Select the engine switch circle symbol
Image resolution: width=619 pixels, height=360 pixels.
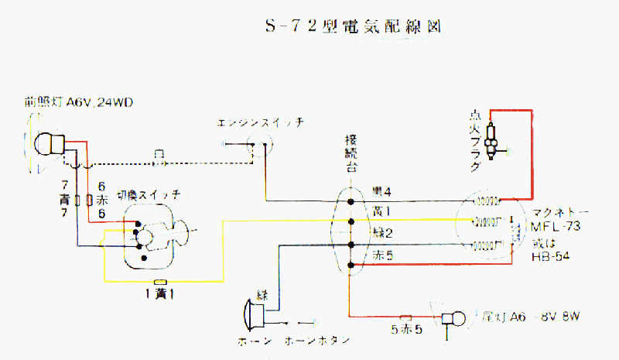point(258,142)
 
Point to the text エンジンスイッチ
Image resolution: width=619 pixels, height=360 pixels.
point(260,123)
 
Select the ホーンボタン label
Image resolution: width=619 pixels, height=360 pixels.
point(317,340)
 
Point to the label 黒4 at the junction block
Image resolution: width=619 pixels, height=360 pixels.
point(381,191)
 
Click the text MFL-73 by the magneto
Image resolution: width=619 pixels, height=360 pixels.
point(556,225)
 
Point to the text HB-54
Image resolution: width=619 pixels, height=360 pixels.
point(551,256)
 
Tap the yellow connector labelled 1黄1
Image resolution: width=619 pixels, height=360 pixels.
point(161,280)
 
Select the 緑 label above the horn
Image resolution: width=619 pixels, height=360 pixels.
point(263,293)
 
